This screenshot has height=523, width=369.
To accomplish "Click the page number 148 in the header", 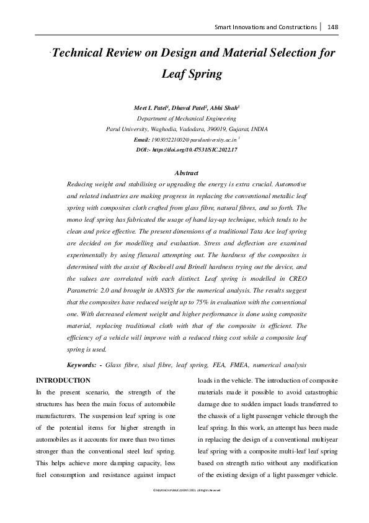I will [x=332, y=27].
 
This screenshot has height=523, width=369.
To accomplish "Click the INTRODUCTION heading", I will [x=64, y=380].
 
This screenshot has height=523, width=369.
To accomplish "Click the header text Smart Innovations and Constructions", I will [x=265, y=27].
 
